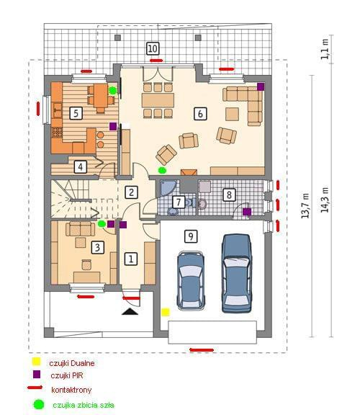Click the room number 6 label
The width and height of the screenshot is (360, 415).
tap(200, 114)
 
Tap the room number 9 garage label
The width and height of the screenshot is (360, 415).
tap(191, 236)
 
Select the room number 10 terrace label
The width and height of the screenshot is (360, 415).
tap(153, 49)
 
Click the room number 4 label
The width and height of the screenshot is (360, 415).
tap(81, 166)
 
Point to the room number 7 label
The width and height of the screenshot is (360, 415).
tap(179, 202)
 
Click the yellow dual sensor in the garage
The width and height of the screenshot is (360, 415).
tap(166, 312)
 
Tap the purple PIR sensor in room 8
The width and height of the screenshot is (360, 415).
tap(247, 212)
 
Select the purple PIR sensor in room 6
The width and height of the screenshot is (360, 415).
tap(261, 86)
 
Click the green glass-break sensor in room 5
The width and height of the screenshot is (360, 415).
tap(113, 91)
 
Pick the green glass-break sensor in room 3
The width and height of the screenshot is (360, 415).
tap(102, 223)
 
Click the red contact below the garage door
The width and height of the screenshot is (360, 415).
tap(202, 350)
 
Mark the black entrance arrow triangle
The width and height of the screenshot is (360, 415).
tap(130, 311)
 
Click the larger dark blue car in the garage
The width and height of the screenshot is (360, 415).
tap(236, 273)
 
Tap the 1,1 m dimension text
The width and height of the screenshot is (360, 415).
tap(325, 49)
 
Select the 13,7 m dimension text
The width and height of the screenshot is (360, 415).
tap(305, 206)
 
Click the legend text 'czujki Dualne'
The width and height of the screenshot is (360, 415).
tap(72, 363)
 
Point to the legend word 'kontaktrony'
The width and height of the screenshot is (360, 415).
tap(71, 390)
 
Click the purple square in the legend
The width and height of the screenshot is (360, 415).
tap(37, 374)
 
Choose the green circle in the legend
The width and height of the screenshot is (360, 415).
tap(39, 404)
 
